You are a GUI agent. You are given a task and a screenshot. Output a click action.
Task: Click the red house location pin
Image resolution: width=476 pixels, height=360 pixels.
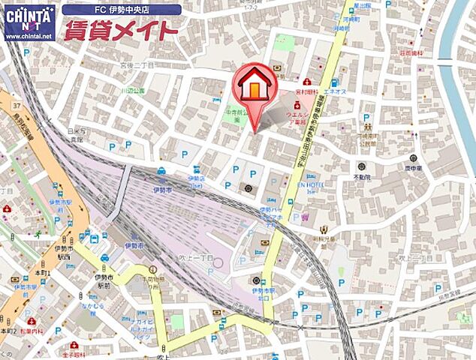point(255,89)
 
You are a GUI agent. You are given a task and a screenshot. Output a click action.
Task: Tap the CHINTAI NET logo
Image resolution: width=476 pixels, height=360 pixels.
point(29,21)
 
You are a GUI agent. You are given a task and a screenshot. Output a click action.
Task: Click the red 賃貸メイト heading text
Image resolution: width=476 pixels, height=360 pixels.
point(121,31)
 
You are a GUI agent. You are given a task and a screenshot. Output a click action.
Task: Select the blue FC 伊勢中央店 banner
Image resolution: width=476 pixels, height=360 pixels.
point(122,9)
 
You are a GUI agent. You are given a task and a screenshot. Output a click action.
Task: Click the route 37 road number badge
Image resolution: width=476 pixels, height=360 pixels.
point(17,105)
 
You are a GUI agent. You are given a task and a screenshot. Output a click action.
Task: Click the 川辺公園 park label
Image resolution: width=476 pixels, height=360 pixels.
point(133,89)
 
